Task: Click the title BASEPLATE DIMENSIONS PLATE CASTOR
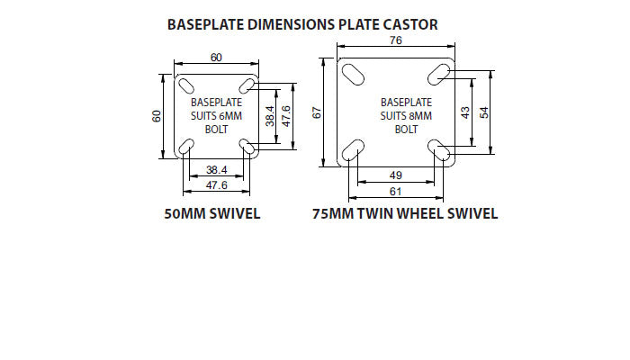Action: [x=303, y=24]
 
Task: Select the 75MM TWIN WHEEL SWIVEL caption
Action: [x=405, y=213]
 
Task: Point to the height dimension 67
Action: [x=317, y=112]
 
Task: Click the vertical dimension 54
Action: [x=486, y=112]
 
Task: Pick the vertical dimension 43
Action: [x=465, y=112]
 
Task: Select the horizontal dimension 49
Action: [x=396, y=175]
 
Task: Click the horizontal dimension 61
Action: [x=396, y=191]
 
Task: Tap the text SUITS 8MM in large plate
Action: [x=406, y=115]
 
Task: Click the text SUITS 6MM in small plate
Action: [x=216, y=116]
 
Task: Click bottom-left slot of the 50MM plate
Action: [x=188, y=147]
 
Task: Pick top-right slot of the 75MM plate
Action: [x=440, y=72]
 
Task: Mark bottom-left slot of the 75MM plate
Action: [x=354, y=149]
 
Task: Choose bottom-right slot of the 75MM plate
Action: [x=440, y=150]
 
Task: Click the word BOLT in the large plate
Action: [x=406, y=129]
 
